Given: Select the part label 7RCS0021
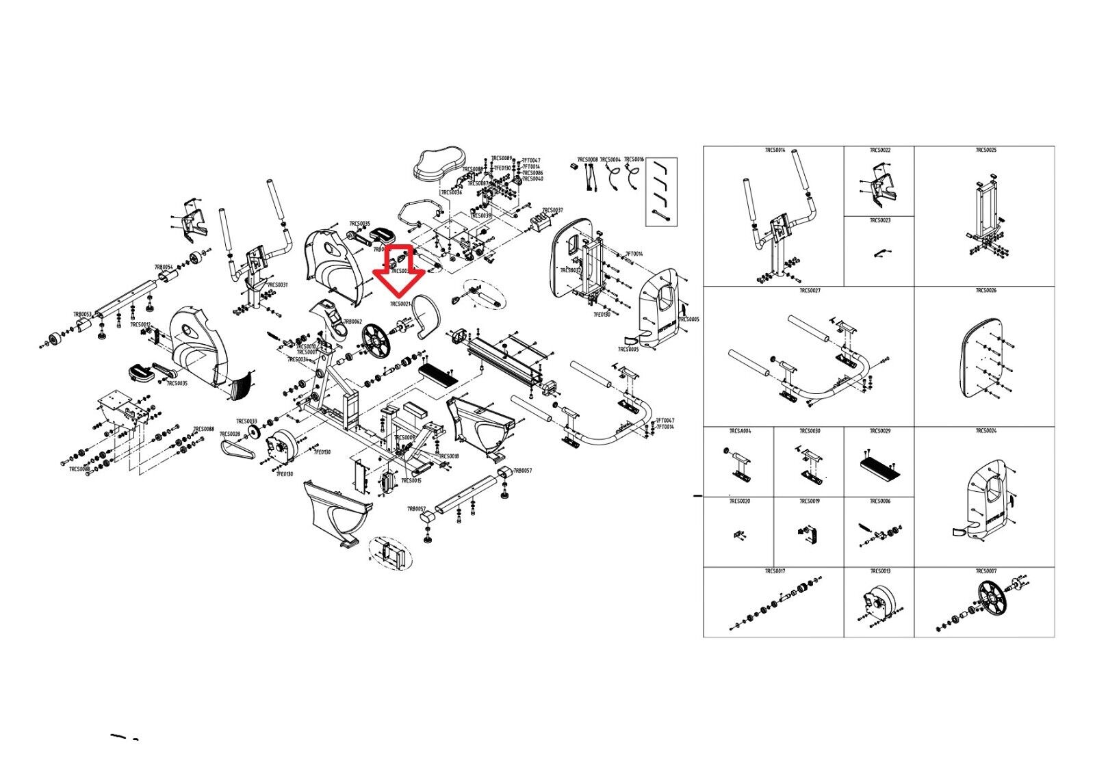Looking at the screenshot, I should (x=400, y=304).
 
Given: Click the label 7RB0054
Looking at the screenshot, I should (x=163, y=267).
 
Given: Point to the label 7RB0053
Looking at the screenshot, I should (x=82, y=314).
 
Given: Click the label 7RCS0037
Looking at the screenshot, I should (x=552, y=210).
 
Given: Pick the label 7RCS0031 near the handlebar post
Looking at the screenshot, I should (x=277, y=285).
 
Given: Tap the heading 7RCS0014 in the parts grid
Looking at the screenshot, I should (x=775, y=150).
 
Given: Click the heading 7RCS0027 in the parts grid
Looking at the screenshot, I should (x=810, y=291).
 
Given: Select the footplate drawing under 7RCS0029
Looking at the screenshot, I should (x=879, y=469).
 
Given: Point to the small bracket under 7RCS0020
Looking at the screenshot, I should (x=739, y=534).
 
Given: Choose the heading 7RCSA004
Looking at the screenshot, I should (x=740, y=431).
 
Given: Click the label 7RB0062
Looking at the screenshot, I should (x=352, y=322).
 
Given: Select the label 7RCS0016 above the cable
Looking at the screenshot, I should (x=634, y=159).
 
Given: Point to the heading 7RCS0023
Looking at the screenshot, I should (x=880, y=221).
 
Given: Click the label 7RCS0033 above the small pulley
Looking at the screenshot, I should (x=246, y=421).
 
